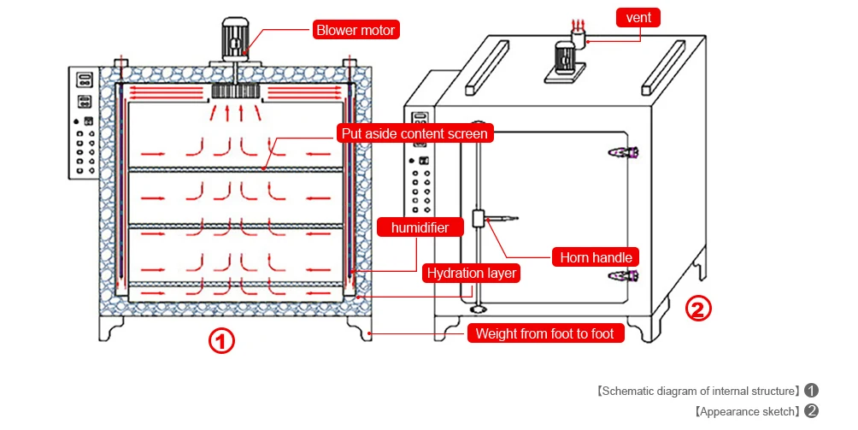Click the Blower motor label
(x=356, y=30)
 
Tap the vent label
(x=638, y=16)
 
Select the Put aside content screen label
(x=414, y=133)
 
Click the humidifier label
(x=420, y=227)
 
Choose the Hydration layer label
(x=472, y=274)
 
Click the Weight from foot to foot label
(x=544, y=333)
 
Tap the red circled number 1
(x=221, y=342)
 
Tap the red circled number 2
(x=699, y=309)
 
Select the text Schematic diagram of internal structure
(x=697, y=391)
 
